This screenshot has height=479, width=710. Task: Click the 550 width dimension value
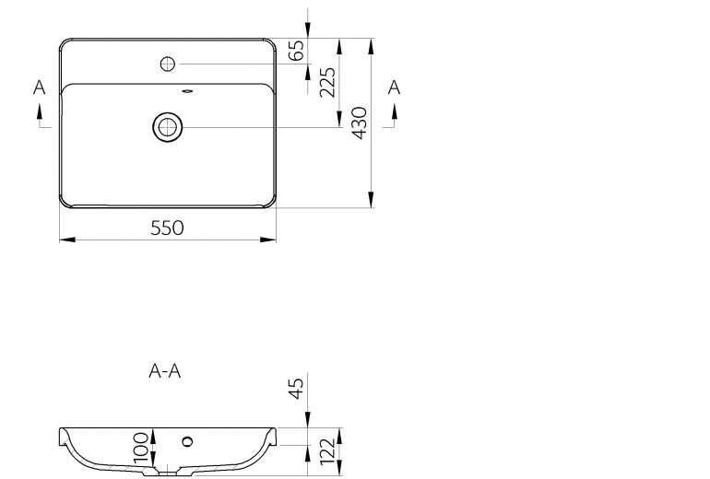[167, 228]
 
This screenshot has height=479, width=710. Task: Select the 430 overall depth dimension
[360, 123]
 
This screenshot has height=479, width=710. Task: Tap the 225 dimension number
[327, 82]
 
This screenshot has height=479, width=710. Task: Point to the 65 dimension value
[296, 51]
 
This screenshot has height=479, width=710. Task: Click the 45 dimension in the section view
[296, 389]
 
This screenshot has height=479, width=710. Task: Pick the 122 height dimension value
[327, 451]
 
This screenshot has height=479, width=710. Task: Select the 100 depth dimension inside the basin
[141, 448]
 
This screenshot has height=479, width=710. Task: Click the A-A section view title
[165, 371]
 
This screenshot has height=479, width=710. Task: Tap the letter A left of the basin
[40, 88]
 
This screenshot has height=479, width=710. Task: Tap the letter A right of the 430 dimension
[394, 88]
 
